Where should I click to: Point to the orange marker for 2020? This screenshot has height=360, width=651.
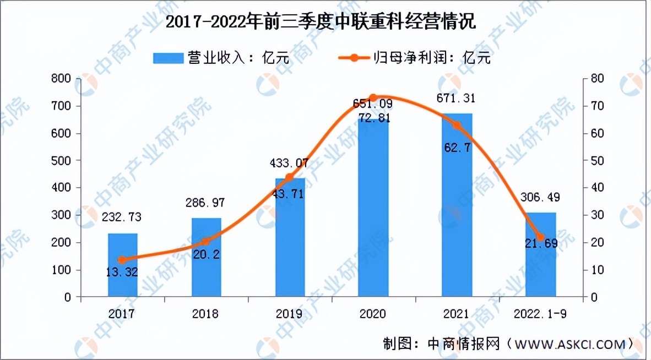pyautogui.click(x=373, y=98)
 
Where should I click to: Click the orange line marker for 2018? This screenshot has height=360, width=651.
pyautogui.click(x=206, y=241)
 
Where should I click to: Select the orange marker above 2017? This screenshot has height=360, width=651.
pyautogui.click(x=122, y=260)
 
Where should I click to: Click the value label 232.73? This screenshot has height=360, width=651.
pyautogui.click(x=121, y=217)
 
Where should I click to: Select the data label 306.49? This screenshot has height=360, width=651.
pyautogui.click(x=540, y=197)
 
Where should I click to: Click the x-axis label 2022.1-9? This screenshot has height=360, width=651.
pyautogui.click(x=541, y=314)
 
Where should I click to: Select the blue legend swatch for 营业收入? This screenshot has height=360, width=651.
pyautogui.click(x=167, y=57)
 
